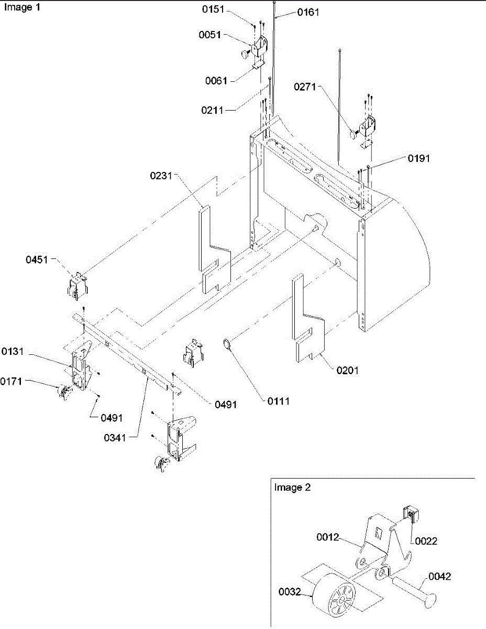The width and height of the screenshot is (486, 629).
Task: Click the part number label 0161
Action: pos(308,12)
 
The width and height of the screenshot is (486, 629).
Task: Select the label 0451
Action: pos(38,258)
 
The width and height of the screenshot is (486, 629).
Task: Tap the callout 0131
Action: pos(13,351)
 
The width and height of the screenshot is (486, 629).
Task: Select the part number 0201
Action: pos(348,371)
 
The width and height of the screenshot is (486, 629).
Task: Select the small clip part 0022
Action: pos(410,515)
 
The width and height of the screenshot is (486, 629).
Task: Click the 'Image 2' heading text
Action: pos(292,487)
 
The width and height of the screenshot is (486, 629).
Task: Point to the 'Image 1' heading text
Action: pos(21,8)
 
